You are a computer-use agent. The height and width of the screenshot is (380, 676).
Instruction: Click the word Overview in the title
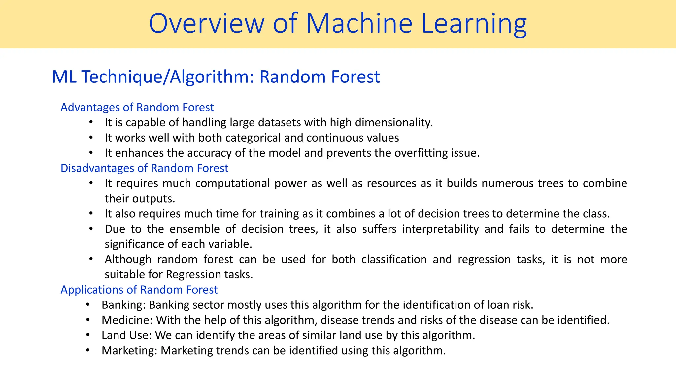[x=207, y=24]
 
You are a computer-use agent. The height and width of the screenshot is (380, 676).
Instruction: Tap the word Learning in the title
[x=474, y=24]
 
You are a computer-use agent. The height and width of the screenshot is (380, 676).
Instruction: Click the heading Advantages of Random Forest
[x=137, y=107]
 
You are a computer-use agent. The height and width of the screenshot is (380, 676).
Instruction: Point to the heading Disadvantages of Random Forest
[x=144, y=168]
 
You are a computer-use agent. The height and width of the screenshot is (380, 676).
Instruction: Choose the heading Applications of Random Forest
[x=139, y=289]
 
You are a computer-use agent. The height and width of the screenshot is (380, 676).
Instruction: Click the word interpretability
[x=440, y=229]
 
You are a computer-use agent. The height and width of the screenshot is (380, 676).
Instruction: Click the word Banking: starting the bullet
[x=123, y=304]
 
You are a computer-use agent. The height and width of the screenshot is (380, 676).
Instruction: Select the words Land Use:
[x=126, y=335]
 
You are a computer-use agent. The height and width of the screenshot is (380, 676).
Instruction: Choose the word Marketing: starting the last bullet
[x=129, y=350]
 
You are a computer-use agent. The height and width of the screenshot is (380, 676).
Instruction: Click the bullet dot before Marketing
[x=88, y=350]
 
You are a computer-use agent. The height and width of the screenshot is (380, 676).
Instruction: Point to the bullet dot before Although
[x=91, y=259]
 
